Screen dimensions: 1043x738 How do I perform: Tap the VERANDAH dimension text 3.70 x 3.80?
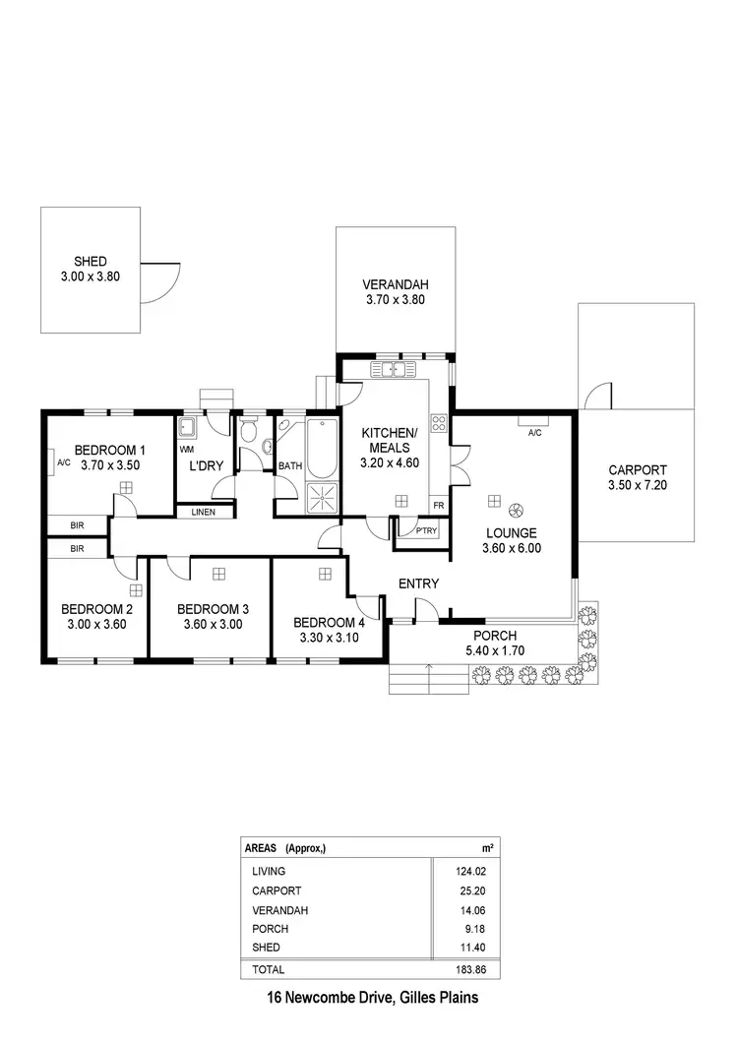395,301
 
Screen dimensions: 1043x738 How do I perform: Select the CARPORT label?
637,470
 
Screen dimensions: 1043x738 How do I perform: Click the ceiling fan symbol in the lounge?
515,510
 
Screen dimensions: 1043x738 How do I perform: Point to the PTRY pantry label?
426,530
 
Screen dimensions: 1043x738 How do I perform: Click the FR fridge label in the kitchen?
438,506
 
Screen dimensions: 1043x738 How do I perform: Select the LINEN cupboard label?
204,512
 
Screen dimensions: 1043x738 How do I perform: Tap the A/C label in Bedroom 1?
63,461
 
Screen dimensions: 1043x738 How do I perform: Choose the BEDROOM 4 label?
329,622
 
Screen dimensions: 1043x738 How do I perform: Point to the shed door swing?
162,282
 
